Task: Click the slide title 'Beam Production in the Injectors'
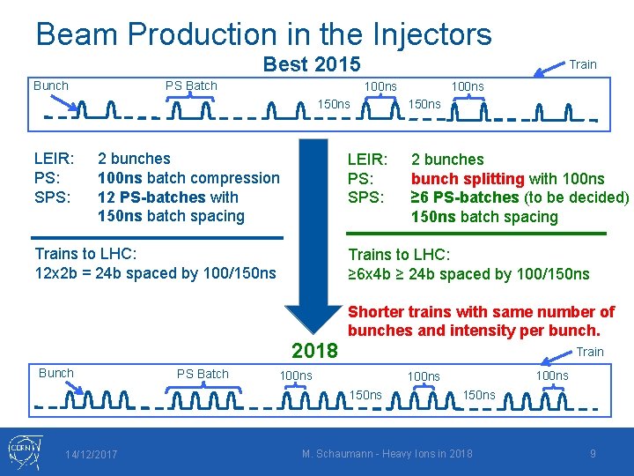[263, 34]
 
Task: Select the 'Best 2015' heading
[312, 64]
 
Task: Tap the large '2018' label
[314, 351]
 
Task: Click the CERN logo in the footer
[21, 451]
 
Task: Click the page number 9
[593, 454]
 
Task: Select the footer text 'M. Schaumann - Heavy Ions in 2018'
[387, 454]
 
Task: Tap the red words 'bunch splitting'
[468, 178]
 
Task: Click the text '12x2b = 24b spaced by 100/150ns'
[155, 273]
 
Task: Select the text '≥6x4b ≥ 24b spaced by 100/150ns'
[469, 274]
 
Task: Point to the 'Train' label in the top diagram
[583, 63]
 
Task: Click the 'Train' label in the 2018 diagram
[589, 352]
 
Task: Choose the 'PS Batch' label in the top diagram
[191, 86]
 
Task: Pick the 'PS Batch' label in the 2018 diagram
[203, 374]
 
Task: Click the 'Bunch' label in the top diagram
[50, 86]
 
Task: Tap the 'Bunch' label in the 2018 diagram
[56, 373]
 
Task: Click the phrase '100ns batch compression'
[188, 178]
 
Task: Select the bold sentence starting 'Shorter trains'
[482, 321]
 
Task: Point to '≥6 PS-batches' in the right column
[465, 197]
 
